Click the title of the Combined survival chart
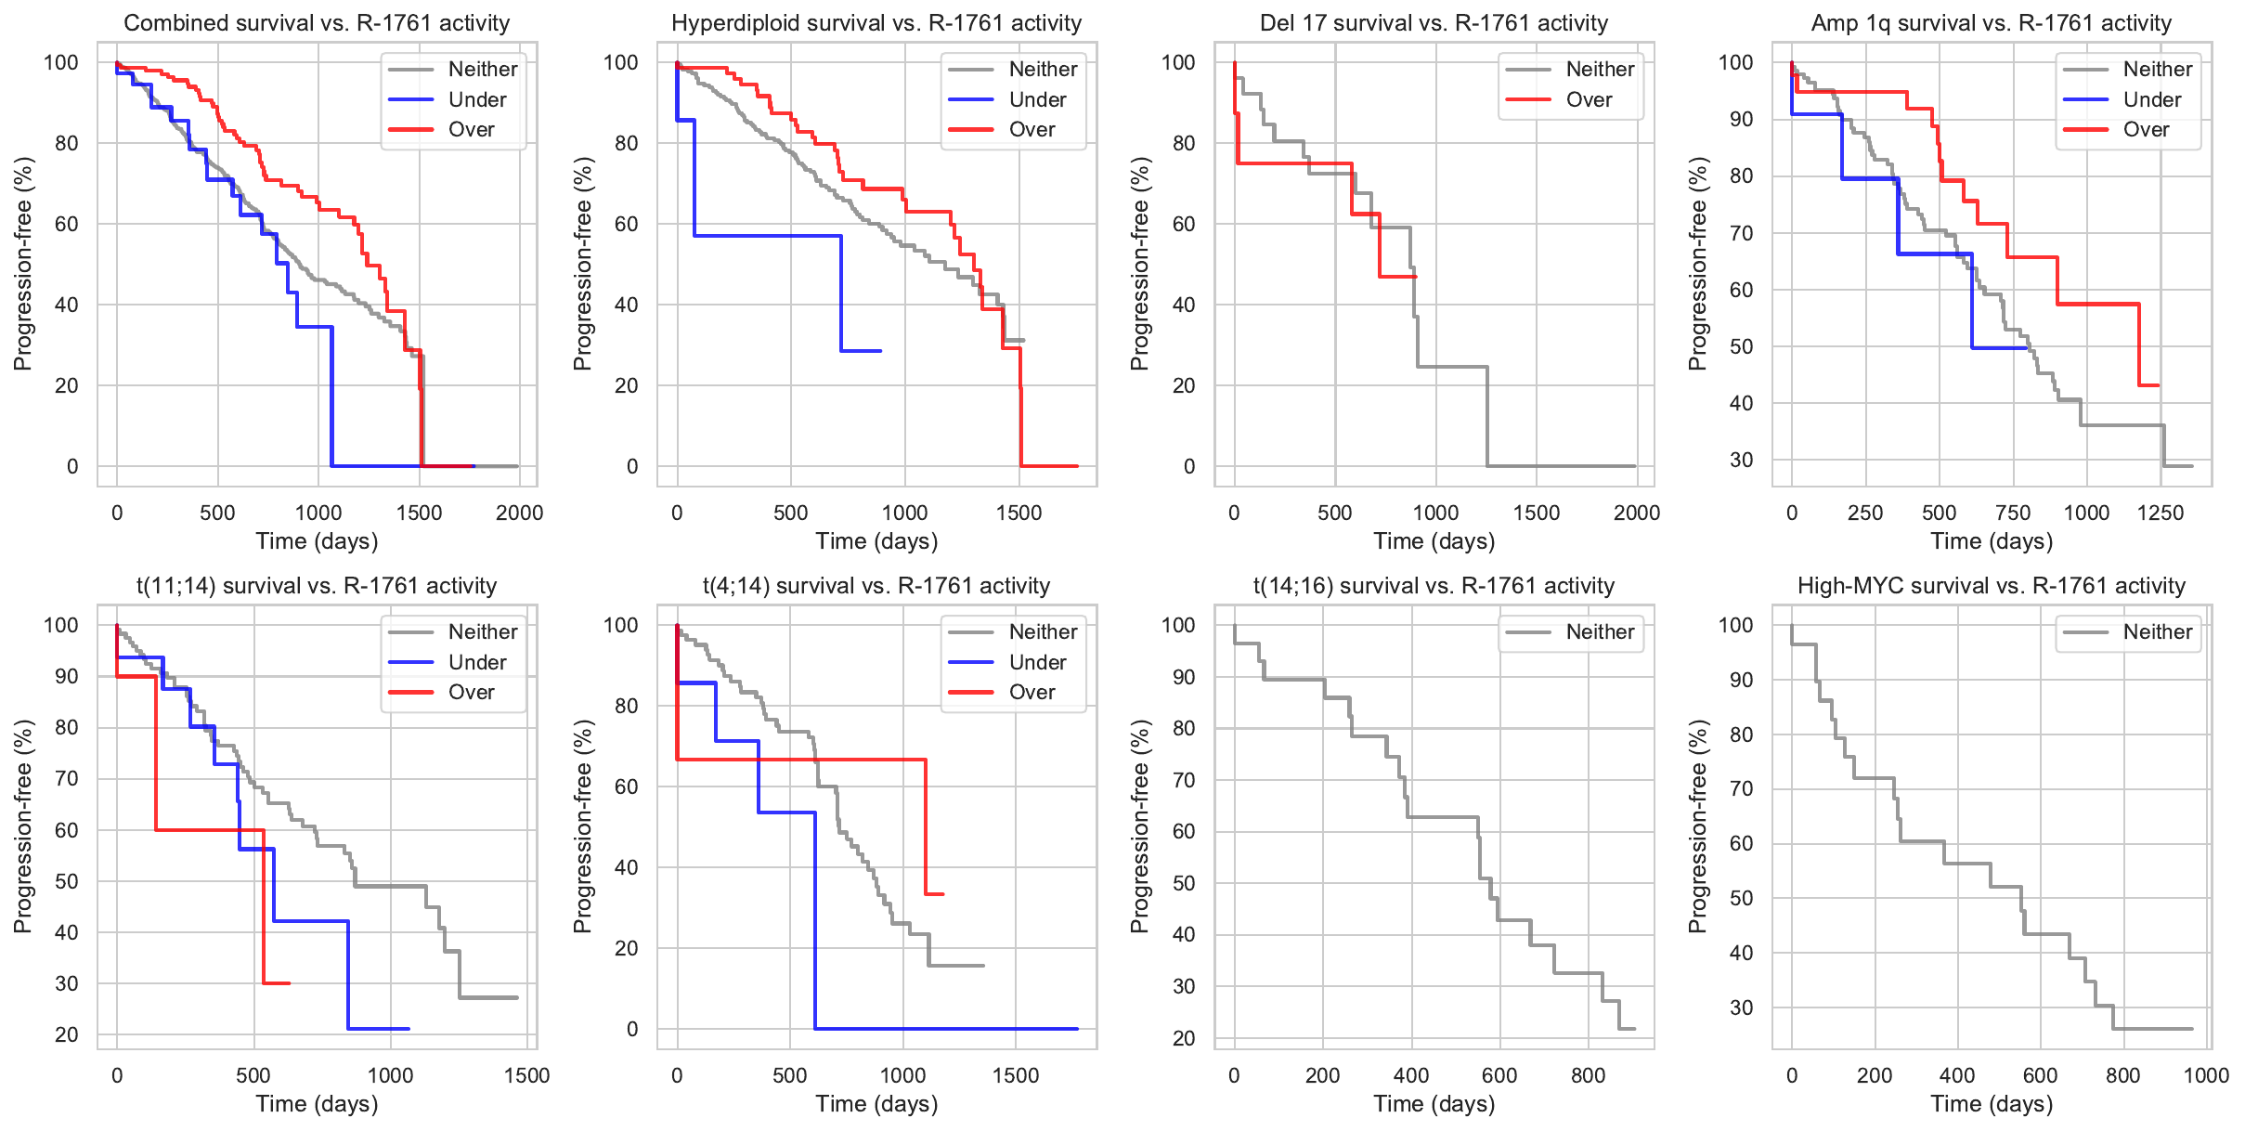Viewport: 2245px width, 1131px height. (317, 23)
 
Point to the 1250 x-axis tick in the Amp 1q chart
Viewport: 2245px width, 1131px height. (2160, 513)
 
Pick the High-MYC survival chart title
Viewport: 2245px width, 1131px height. (1992, 586)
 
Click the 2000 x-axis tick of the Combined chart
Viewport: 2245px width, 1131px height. (519, 513)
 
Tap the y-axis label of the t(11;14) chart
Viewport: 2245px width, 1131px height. (23, 826)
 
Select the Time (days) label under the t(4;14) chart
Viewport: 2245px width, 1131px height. (876, 1104)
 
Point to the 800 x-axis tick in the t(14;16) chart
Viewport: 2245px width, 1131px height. (1588, 1076)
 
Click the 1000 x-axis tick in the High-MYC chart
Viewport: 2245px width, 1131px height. (2206, 1076)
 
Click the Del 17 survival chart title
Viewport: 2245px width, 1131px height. (1434, 23)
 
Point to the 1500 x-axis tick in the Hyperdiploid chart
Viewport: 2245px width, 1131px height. (1019, 513)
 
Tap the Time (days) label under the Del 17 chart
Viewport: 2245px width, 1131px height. (1434, 541)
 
